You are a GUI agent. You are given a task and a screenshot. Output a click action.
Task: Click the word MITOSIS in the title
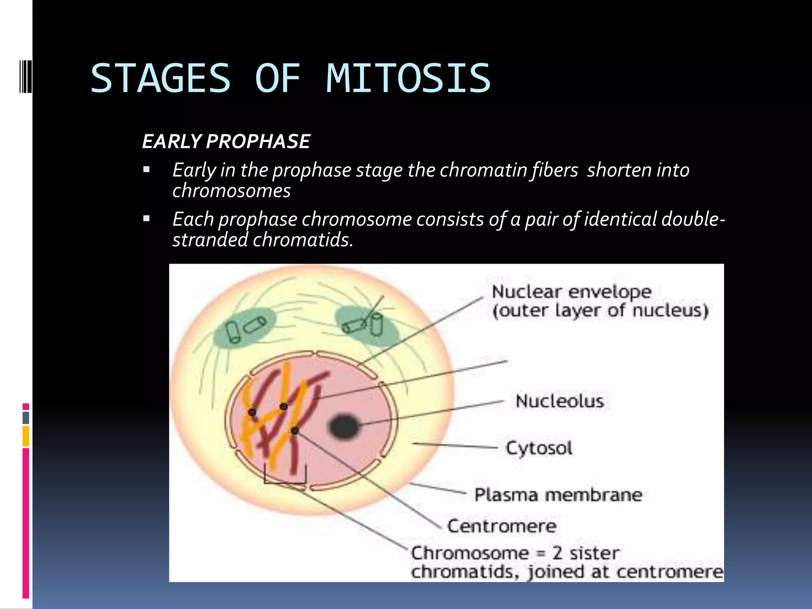[x=408, y=79]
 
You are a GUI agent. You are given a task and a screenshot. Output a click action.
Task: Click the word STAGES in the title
[x=161, y=79]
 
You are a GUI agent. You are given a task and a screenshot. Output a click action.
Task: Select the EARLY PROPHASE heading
[x=226, y=142]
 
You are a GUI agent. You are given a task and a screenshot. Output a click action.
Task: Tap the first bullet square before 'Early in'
[x=147, y=170]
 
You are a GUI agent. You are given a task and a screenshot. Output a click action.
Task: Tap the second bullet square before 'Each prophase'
[x=147, y=218]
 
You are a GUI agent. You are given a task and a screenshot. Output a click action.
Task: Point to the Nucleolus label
[x=559, y=401]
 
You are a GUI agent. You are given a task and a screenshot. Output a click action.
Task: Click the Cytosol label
[x=539, y=448]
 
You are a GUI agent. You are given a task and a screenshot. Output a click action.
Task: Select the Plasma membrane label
[x=558, y=495]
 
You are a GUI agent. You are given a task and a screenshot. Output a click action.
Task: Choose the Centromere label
[x=502, y=526]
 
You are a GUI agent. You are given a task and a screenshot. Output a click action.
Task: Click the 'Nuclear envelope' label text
[x=571, y=292]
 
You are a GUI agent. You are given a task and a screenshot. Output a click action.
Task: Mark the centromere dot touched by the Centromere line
[x=295, y=431]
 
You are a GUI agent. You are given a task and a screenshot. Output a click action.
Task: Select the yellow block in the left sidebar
[x=26, y=436]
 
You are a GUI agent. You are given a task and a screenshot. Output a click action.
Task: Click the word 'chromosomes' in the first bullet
[x=231, y=191]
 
